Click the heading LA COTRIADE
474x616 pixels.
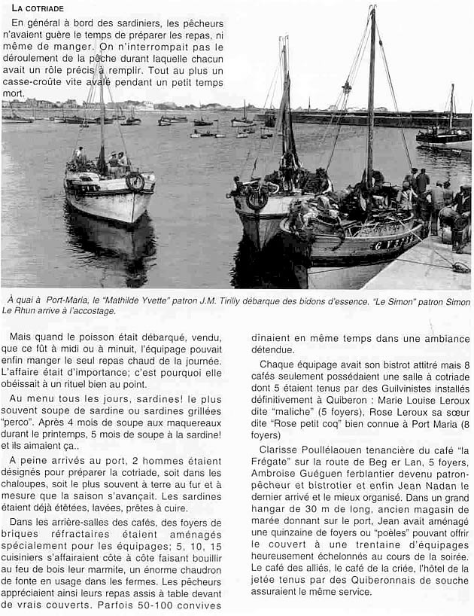pyautogui.click(x=38, y=8)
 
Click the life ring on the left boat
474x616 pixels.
pyautogui.click(x=135, y=181)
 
